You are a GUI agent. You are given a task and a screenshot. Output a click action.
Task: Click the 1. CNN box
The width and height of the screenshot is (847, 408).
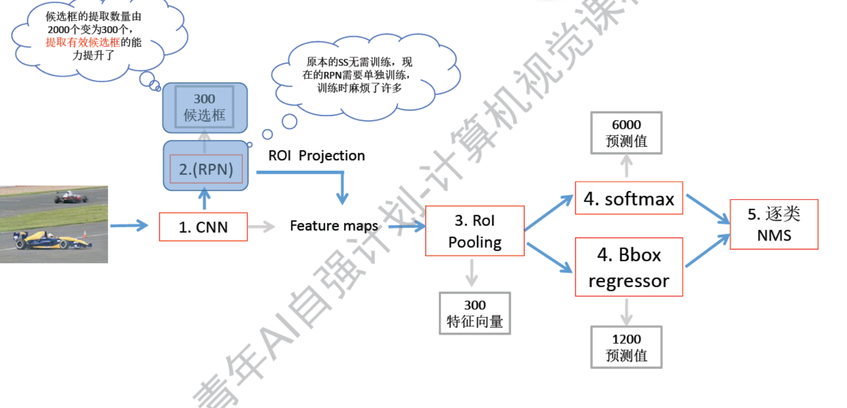[x=203, y=227]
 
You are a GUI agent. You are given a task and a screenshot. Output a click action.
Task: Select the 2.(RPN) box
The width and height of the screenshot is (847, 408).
[x=206, y=169]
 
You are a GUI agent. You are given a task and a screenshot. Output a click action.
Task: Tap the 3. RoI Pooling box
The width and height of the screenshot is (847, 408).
[x=474, y=230]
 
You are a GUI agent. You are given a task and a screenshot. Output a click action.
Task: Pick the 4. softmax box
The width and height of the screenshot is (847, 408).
[x=629, y=198]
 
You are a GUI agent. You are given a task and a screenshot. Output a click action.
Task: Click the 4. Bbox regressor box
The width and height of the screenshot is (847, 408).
[x=629, y=267]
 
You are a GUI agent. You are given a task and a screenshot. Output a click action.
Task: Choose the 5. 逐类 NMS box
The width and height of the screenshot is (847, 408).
[x=773, y=224]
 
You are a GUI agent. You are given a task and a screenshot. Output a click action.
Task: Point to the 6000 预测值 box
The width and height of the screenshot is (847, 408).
[x=626, y=133]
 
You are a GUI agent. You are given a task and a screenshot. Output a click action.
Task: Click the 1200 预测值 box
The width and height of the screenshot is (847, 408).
[x=626, y=347]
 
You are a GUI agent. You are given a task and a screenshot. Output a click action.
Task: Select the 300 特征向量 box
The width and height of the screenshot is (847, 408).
[x=474, y=313]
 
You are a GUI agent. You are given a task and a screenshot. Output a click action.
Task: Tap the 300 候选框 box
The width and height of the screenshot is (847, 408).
[x=205, y=107]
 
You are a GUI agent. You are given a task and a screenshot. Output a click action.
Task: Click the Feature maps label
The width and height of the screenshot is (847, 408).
[x=334, y=226]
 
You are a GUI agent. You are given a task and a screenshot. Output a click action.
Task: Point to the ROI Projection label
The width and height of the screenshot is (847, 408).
[x=316, y=156]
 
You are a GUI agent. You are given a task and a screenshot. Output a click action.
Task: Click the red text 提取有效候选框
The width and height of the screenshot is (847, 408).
[x=82, y=42]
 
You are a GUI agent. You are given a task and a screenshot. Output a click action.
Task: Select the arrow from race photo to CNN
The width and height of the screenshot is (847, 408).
[x=129, y=225]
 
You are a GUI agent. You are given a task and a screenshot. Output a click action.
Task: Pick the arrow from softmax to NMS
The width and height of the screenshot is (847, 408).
[x=707, y=208]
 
